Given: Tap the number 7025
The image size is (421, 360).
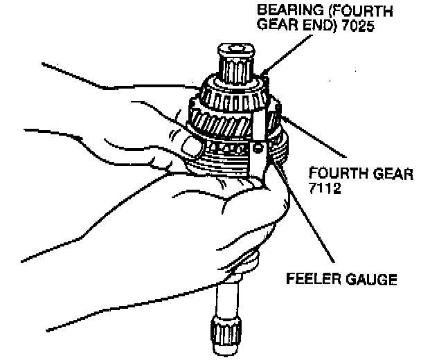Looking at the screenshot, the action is (357, 26).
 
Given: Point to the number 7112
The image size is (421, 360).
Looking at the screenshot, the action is (325, 188).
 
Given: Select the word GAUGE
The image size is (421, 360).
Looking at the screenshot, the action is (370, 279).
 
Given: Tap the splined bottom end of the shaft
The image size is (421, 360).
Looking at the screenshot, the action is (226, 336).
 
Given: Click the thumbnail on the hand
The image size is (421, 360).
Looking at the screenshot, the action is (191, 146).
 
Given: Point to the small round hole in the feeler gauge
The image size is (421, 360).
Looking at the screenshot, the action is (258, 148).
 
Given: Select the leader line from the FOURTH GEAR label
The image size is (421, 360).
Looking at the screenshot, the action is (314, 136).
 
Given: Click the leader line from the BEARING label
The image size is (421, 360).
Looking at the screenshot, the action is (288, 54).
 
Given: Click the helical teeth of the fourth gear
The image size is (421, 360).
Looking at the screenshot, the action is (221, 123).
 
